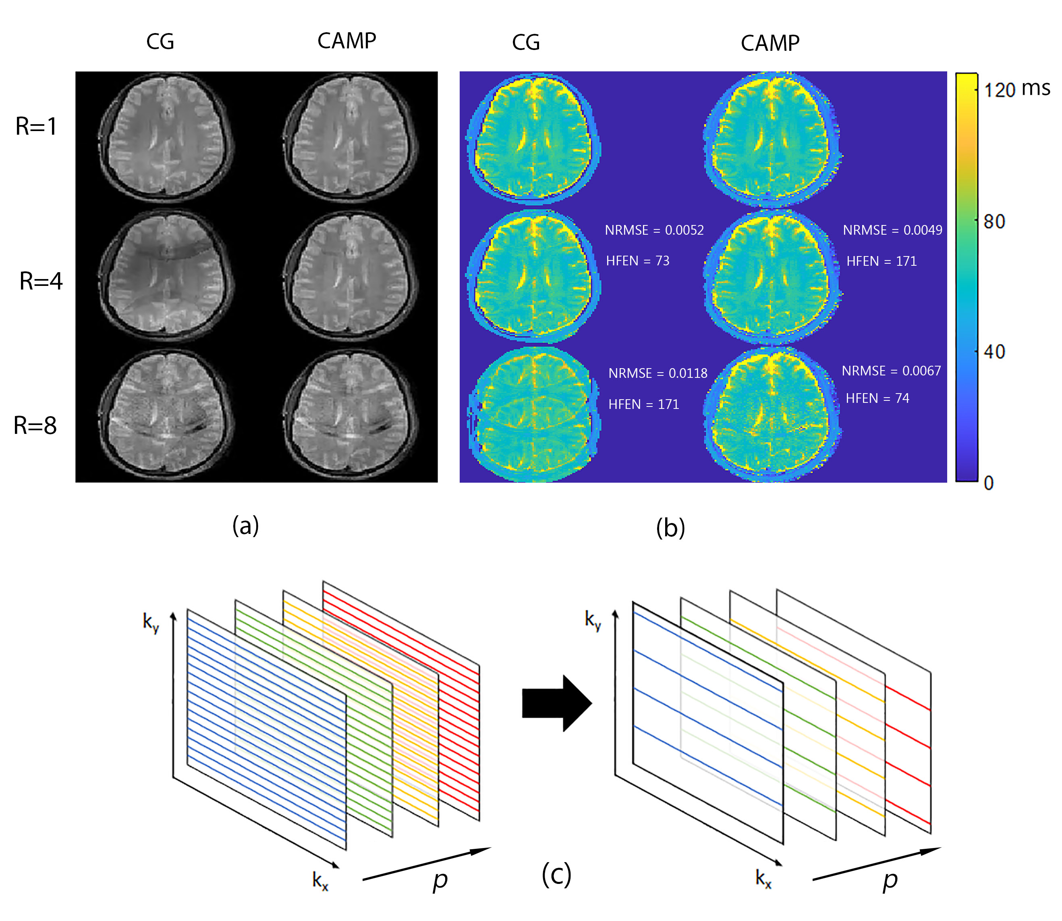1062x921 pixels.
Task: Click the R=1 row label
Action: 36,127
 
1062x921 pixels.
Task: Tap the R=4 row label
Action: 41,281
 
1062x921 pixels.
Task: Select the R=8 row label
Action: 35,425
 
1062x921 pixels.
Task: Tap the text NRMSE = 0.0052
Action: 654,230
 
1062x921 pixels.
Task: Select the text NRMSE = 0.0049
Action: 892,230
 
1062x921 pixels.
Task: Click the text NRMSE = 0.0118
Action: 658,373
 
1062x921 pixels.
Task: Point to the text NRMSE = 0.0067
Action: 891,371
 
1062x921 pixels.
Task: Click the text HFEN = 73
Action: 637,261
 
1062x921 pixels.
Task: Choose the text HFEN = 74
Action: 877,398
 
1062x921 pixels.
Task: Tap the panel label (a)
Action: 245,525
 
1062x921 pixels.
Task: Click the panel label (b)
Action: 670,528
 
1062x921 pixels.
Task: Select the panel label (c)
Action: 556,874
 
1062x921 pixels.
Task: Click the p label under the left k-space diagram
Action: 440,880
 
